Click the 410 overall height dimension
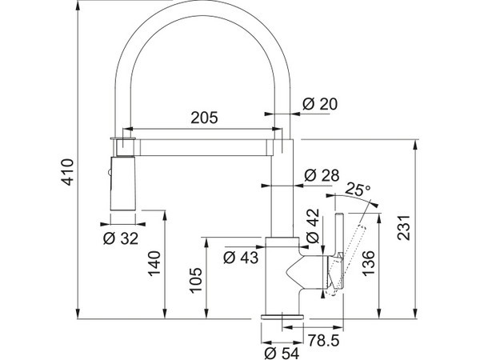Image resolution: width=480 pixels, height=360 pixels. click(67, 172)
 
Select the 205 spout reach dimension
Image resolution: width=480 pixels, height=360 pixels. click(204, 118)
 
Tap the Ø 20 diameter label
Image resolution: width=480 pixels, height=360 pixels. click(320, 104)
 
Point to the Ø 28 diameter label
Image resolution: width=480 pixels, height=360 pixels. click(322, 175)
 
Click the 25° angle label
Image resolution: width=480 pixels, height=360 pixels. click(358, 190)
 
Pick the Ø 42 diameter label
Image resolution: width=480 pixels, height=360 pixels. click(313, 226)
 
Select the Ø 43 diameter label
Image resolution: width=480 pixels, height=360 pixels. click(241, 258)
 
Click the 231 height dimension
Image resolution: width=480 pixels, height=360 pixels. click(403, 228)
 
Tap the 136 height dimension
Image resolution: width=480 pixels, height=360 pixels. click(369, 263)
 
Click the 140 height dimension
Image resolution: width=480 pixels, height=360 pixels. click(154, 263)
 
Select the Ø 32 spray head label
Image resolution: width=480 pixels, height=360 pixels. click(121, 238)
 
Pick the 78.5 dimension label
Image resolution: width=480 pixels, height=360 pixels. click(323, 340)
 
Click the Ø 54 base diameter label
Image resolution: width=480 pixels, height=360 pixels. click(282, 354)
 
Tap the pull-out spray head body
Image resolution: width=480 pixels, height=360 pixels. click(122, 183)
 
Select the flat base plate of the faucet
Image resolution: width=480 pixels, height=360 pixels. click(282, 316)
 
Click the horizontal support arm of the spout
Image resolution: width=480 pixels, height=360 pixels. click(202, 147)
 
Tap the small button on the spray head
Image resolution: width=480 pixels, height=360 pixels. click(110, 173)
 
